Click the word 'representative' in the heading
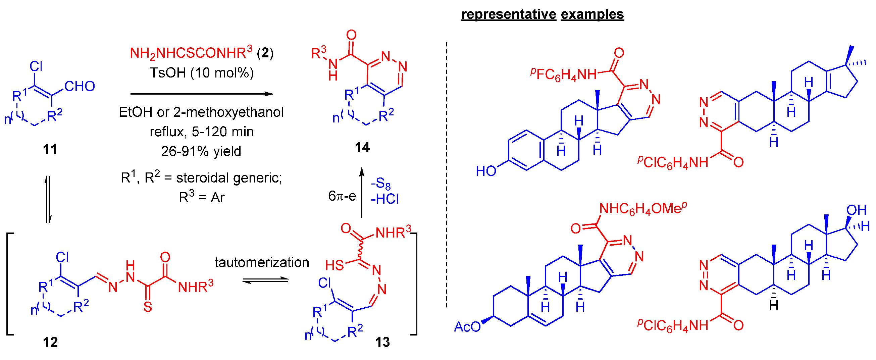pos(508,14)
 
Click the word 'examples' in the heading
pos(592,14)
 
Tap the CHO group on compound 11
pos(80,86)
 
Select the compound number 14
pos(362,148)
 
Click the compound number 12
pos(50,342)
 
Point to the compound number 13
pos(382,342)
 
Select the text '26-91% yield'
pos(201,151)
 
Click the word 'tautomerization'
pos(262,262)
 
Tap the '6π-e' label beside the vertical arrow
pos(342,196)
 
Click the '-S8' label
pos(381,184)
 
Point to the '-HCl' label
pos(384,199)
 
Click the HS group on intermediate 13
pos(334,265)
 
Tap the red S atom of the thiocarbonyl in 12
pos(148,307)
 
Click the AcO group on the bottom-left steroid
pos(467,327)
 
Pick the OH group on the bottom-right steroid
pos(856,210)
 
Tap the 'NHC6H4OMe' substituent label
pos(643,209)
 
